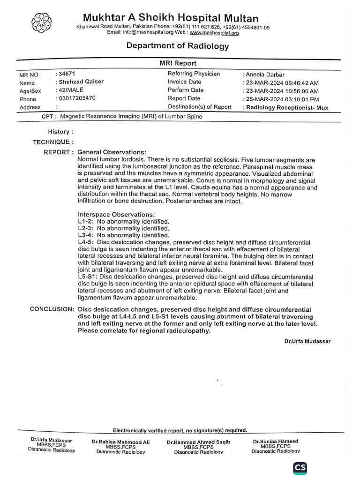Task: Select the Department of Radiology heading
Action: [x=178, y=46]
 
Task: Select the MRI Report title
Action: [x=178, y=63]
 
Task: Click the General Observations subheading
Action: [x=112, y=152]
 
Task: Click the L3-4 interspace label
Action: [x=85, y=235]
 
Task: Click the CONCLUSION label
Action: [x=52, y=309]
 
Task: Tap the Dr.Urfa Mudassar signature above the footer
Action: [x=307, y=341]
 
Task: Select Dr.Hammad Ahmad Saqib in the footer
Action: [x=198, y=442]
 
